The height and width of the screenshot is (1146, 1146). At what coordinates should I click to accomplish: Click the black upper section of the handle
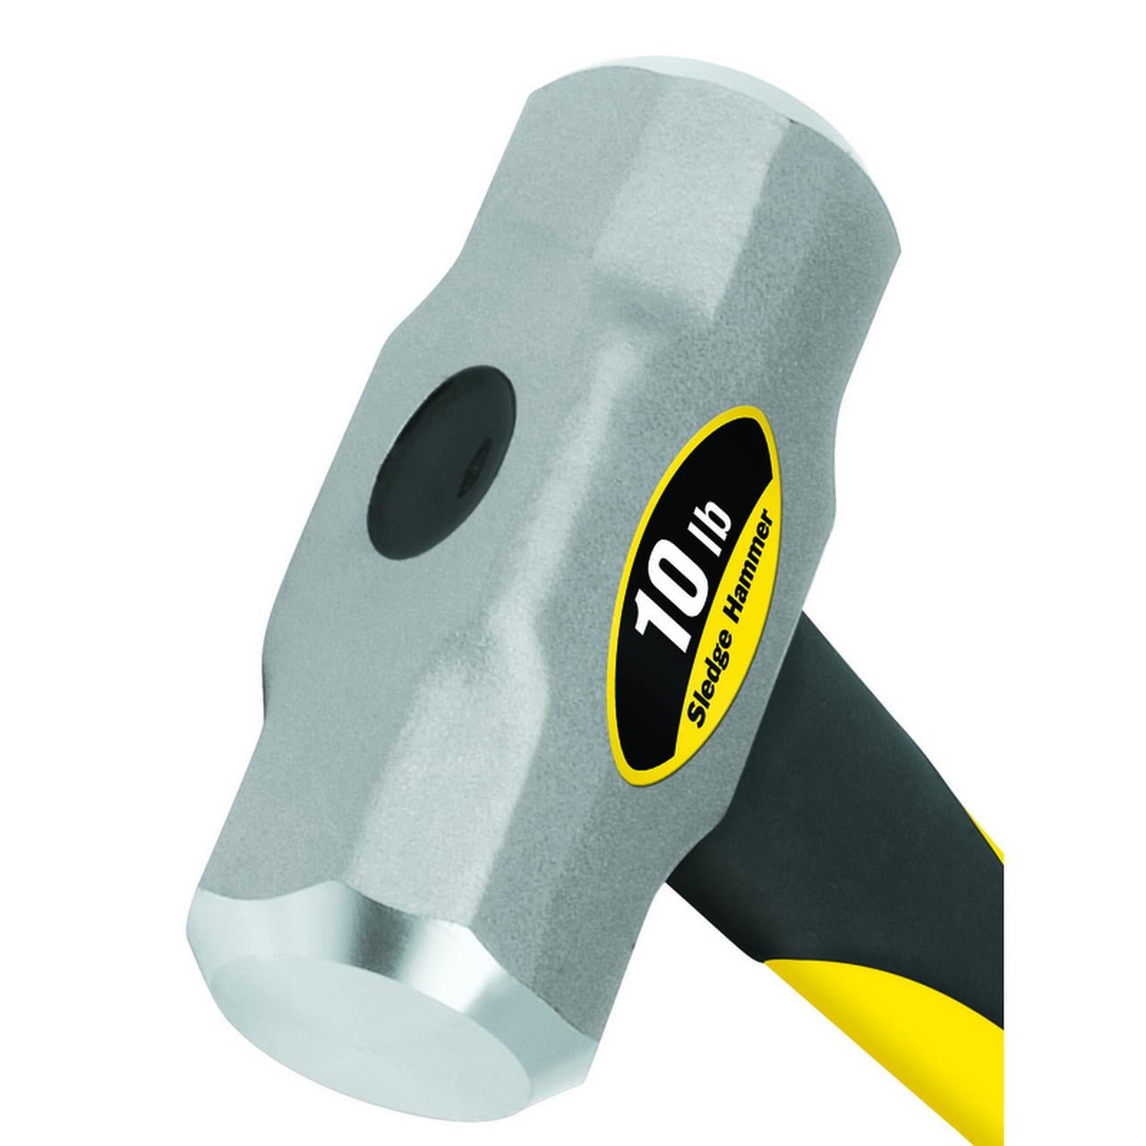click(913, 680)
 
